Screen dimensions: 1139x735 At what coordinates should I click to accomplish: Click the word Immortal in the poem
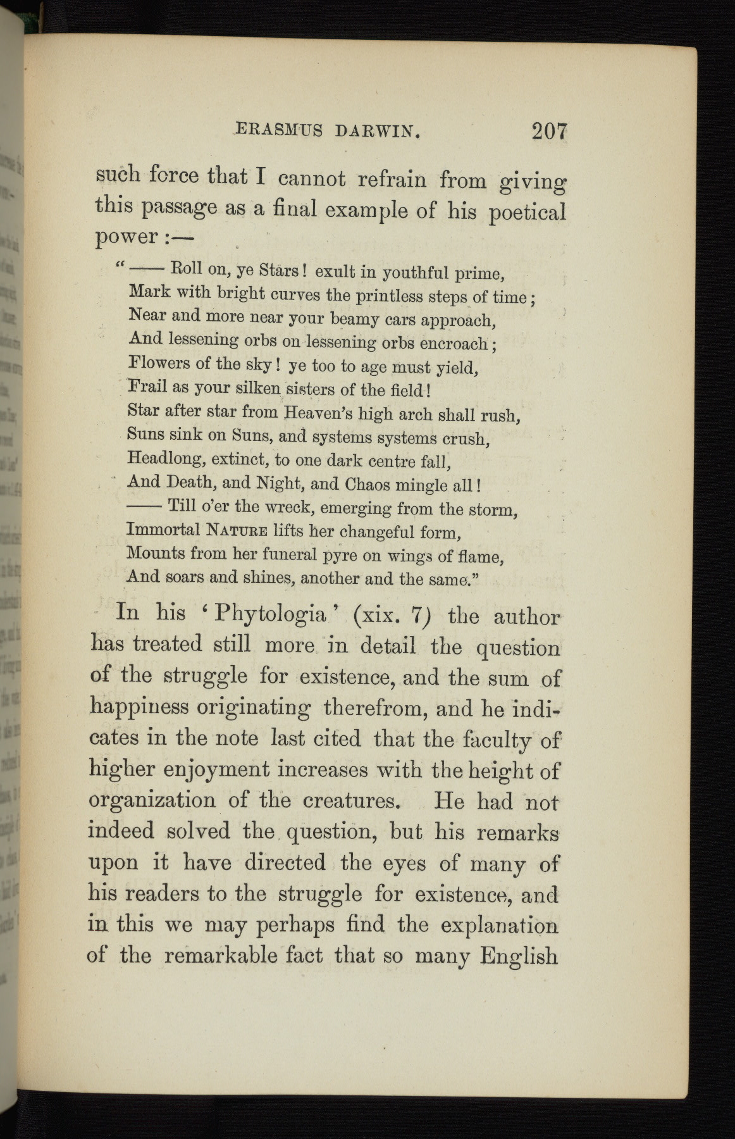[163, 528]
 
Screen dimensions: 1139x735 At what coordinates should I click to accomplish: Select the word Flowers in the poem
[159, 363]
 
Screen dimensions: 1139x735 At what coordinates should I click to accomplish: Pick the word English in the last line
[519, 955]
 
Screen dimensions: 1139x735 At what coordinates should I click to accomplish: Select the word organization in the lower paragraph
[152, 800]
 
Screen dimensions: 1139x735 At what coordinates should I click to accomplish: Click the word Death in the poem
[192, 482]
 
